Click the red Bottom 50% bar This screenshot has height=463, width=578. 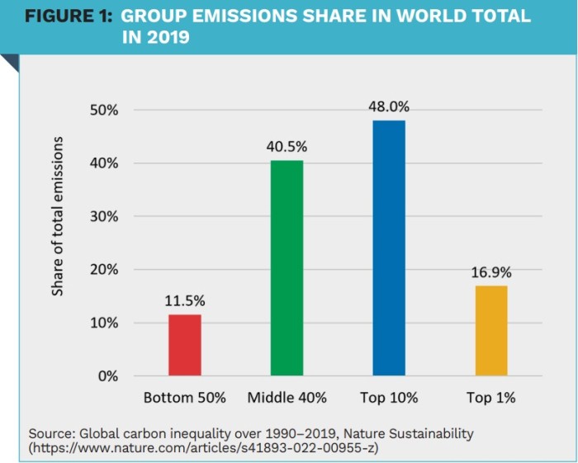[185, 345]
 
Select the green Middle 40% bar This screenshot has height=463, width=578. [287, 268]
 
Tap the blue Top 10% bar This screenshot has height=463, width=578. [389, 248]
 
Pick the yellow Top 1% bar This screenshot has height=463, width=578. [490, 330]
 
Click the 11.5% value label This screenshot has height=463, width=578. [185, 301]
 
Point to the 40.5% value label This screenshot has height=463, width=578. [287, 147]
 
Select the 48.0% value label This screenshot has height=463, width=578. [389, 106]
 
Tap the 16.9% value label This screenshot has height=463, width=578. [491, 272]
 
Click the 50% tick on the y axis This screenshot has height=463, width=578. [104, 111]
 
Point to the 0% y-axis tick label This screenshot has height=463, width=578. [108, 376]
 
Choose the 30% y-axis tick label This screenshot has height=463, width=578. [104, 217]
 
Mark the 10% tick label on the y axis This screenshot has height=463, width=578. [104, 324]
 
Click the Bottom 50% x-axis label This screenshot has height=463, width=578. [185, 398]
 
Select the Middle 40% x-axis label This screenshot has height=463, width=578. [287, 398]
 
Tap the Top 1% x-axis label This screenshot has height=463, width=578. [490, 398]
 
